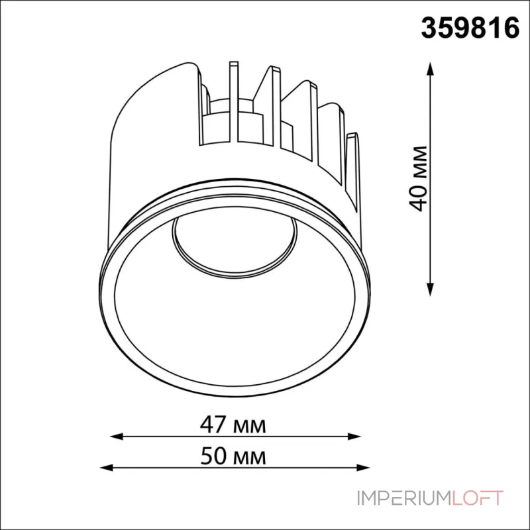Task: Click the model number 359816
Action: tap(470, 29)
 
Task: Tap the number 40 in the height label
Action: tap(417, 197)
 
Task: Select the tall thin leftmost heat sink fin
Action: tap(233, 99)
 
